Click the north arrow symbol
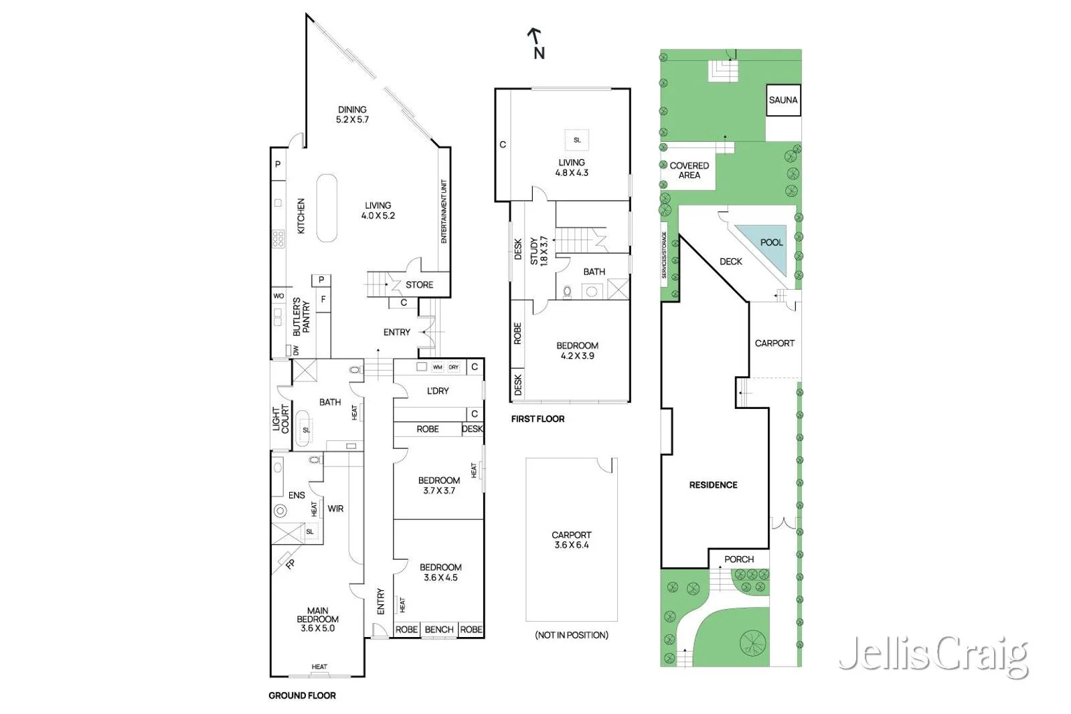coord(536,42)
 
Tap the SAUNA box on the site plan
coord(782,100)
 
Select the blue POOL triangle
coord(767,245)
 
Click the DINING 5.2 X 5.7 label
coord(352,114)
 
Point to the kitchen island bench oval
coord(327,207)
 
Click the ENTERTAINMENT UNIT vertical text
coord(444,211)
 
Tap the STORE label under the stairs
coord(419,285)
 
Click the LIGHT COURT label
coord(280,419)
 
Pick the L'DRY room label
coord(438,391)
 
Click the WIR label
coord(335,509)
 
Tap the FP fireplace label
coord(290,564)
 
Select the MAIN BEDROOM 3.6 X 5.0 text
coord(317,620)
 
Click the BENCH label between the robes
coord(439,630)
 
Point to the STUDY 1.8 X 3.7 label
coord(538,251)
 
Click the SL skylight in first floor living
coord(577,140)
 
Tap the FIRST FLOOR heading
coord(538,419)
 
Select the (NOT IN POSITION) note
coord(571,635)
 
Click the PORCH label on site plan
coord(738,559)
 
